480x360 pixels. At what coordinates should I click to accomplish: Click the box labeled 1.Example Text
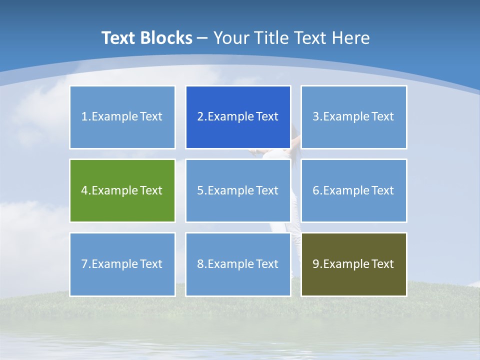tap(122, 117)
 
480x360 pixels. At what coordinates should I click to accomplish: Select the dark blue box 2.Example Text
tap(237, 117)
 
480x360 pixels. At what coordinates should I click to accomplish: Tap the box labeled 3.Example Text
tap(353, 117)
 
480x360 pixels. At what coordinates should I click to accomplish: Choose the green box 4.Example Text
tap(122, 190)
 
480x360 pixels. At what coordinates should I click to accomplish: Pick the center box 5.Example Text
tap(237, 190)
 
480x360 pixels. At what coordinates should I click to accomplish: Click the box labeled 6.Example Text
tap(353, 190)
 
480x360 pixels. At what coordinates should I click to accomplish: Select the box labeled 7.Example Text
tap(122, 264)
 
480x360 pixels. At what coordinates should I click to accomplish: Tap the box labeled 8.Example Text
tap(237, 264)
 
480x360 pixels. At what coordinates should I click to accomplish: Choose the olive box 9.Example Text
tap(353, 264)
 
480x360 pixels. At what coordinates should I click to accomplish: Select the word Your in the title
tap(231, 38)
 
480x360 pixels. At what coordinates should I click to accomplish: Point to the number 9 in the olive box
tap(316, 264)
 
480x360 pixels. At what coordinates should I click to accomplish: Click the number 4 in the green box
tap(84, 190)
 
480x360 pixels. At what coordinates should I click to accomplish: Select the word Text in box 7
tap(151, 264)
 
